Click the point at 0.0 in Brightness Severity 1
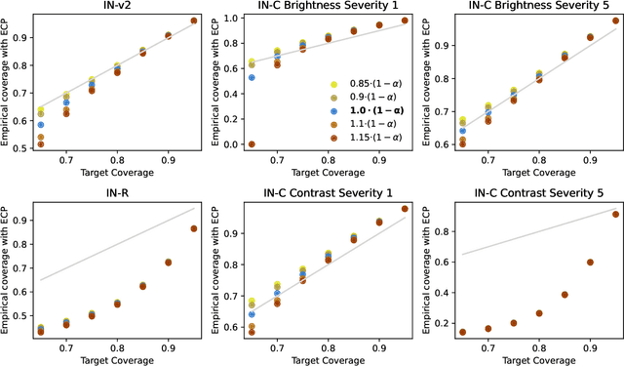click(252, 144)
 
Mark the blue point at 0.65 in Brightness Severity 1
click(252, 77)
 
